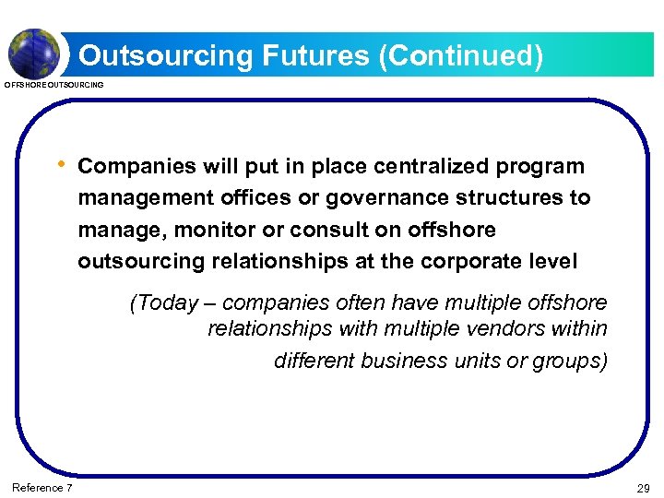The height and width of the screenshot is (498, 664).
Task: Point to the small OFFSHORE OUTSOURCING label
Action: tap(54, 85)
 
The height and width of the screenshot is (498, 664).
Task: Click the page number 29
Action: tap(643, 488)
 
